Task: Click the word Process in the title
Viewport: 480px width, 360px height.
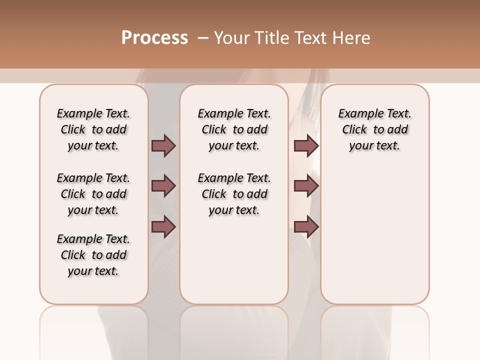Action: [x=154, y=38]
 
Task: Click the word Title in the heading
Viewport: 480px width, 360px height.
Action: [x=270, y=38]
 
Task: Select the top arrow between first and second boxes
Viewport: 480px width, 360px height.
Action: [x=163, y=145]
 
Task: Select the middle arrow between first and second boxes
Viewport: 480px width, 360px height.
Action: [x=163, y=186]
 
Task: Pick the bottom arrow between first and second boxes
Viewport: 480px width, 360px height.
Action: [x=163, y=227]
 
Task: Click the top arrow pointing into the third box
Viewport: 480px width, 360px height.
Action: [x=306, y=145]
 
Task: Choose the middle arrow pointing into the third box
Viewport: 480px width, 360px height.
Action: [x=306, y=186]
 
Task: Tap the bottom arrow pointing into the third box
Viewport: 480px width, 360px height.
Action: [x=306, y=227]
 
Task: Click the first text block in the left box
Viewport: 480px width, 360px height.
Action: [x=93, y=129]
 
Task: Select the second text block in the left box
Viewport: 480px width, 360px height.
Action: [x=93, y=194]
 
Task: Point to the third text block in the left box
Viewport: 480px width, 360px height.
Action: [x=93, y=255]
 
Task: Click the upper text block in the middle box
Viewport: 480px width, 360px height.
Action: [x=234, y=129]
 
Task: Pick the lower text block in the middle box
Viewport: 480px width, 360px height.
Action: [x=234, y=194]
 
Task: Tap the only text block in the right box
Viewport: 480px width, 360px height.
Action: [x=374, y=129]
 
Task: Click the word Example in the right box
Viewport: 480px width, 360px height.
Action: [x=358, y=114]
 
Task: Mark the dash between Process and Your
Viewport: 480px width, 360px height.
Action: [x=203, y=38]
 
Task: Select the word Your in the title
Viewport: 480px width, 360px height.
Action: [x=231, y=38]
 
